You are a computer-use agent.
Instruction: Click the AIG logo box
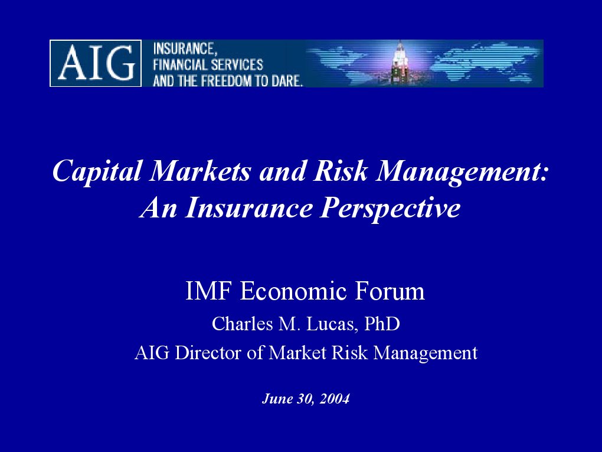pos(96,63)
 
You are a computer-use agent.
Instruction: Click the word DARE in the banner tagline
pos(289,81)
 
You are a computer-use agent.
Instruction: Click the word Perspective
pos(390,209)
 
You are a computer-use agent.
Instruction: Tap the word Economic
pos(289,291)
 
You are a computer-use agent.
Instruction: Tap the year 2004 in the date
pos(335,399)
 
